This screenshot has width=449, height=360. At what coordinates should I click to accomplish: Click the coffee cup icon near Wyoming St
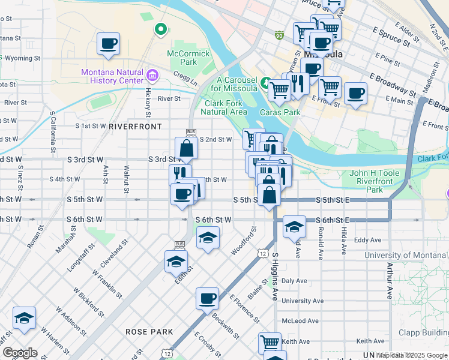tap(108, 44)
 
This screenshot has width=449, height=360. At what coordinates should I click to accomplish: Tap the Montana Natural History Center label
tap(113, 77)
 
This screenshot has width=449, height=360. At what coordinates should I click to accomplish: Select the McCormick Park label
tap(182, 58)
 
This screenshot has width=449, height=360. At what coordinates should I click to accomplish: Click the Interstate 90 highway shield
tap(279, 36)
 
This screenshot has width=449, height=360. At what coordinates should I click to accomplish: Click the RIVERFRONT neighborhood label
tap(135, 127)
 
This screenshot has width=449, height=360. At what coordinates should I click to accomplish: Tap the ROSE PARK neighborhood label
tap(149, 331)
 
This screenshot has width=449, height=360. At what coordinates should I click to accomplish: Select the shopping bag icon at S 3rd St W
tap(187, 148)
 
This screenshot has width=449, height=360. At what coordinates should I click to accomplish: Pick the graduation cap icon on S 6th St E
tap(294, 227)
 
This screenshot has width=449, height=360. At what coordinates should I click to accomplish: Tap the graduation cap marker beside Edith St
tap(176, 262)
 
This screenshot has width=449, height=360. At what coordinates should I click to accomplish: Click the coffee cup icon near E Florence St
tap(207, 298)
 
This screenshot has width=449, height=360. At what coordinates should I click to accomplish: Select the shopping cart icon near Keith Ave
tap(270, 343)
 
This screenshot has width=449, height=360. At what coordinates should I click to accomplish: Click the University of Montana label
tap(406, 255)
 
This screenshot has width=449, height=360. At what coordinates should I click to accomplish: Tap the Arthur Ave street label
tap(390, 281)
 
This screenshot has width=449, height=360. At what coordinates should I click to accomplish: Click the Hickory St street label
tap(148, 102)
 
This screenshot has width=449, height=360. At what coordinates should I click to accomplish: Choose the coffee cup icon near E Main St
tap(355, 94)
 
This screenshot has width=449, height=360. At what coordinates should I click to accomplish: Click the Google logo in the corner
tap(20, 353)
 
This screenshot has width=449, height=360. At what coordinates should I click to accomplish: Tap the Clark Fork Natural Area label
tap(223, 107)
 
